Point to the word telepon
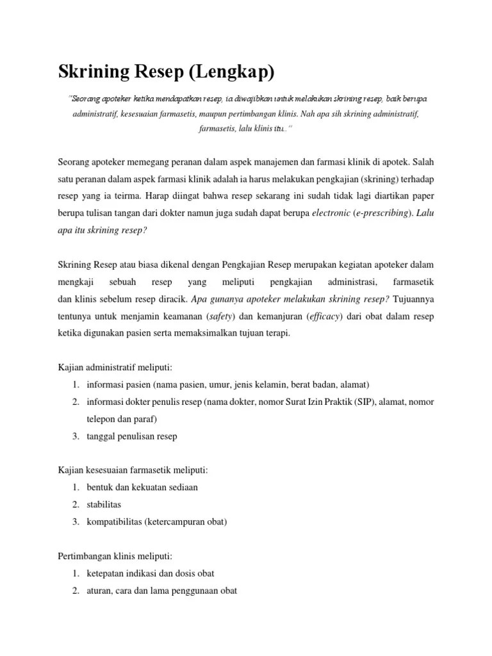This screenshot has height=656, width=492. coord(102,419)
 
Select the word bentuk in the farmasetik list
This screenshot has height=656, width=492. coord(100,487)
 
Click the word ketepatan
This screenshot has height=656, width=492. coord(106,573)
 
